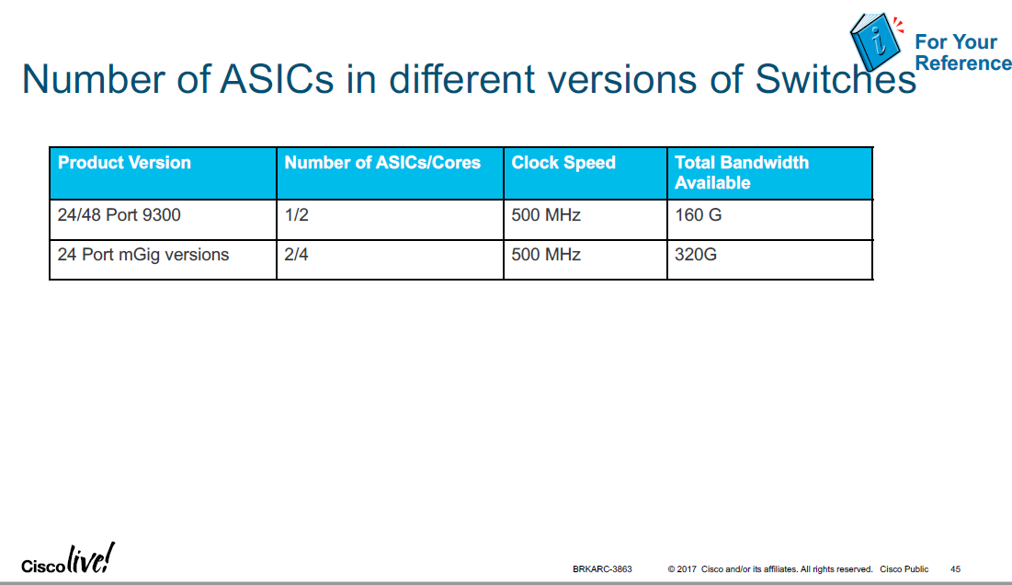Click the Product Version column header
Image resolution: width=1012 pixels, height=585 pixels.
(124, 163)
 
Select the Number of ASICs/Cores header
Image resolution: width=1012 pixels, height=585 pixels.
(382, 163)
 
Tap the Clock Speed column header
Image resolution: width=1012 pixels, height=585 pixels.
(563, 163)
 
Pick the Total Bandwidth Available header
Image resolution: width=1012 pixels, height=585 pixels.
(742, 173)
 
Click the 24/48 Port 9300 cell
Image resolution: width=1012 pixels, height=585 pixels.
(119, 216)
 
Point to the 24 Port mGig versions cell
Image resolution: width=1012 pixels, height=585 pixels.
(143, 255)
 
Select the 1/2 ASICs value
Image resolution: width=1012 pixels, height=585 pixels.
(296, 216)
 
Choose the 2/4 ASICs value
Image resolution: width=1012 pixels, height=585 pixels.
(296, 255)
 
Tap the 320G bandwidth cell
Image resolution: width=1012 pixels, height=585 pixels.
(696, 255)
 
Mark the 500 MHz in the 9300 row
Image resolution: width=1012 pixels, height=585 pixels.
(546, 216)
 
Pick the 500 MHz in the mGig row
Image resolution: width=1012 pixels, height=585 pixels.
(546, 255)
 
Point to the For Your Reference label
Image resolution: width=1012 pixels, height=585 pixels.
(961, 52)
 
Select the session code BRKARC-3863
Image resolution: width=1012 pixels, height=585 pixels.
(602, 569)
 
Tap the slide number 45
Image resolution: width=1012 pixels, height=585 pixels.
(956, 569)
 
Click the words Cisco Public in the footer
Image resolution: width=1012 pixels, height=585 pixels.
(904, 569)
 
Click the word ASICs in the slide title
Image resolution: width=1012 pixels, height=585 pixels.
(277, 79)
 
